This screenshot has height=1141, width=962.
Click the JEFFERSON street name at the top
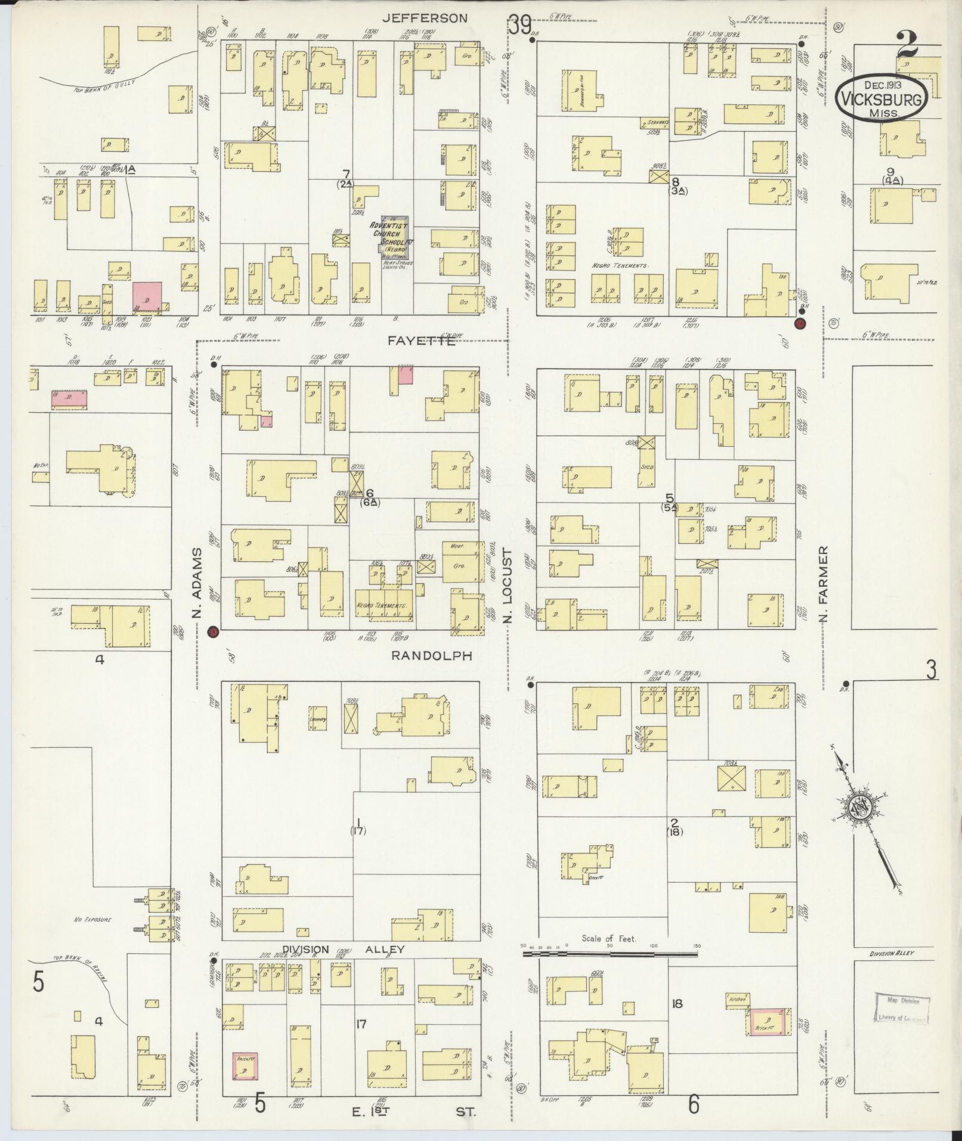[x=425, y=18]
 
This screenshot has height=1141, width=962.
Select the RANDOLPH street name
[x=431, y=655]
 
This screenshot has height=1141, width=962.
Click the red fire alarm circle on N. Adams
[x=212, y=632]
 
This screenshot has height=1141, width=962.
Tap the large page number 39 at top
[x=519, y=26]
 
